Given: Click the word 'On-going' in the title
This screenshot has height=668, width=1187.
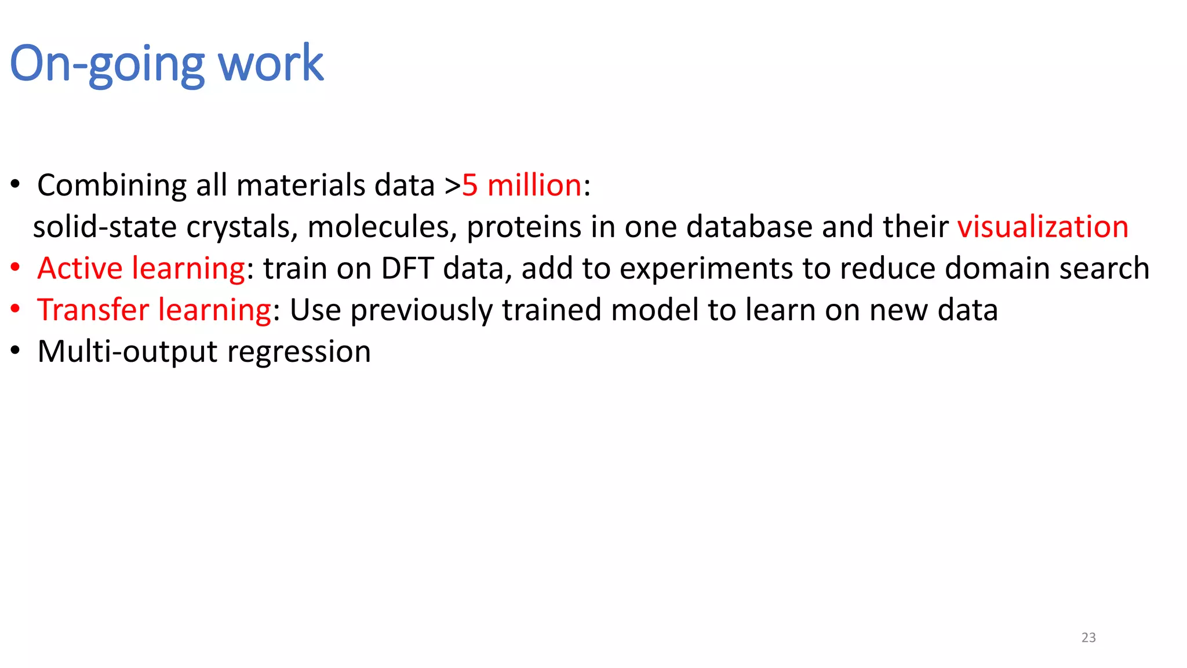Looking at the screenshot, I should click(107, 64).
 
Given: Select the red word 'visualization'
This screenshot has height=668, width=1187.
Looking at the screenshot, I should click(1042, 227).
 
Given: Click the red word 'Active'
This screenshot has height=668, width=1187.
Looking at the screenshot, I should click(80, 268).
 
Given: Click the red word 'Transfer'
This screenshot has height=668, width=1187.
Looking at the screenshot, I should click(93, 310).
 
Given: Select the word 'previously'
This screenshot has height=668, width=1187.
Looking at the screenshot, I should click(421, 310).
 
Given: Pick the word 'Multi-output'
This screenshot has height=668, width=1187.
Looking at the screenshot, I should click(128, 351).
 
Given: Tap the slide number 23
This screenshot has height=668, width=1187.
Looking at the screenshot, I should click(1088, 637).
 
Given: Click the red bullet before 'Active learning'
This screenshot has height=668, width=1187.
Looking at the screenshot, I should click(16, 267).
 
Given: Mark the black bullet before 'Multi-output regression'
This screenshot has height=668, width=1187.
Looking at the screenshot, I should click(16, 351).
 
